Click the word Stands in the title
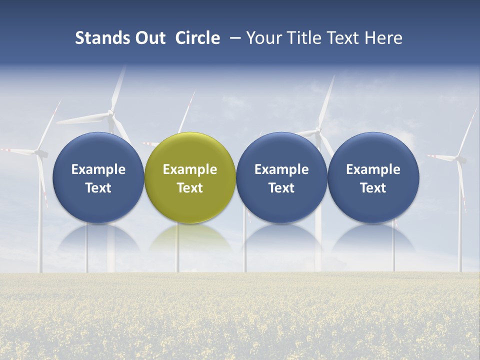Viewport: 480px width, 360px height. coord(99,38)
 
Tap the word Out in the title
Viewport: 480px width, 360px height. coord(149,38)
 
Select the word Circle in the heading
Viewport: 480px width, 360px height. coord(197,38)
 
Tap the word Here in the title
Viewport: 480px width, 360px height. coord(384,38)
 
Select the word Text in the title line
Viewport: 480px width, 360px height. coord(340,38)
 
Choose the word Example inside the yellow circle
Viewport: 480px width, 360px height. coord(190,169)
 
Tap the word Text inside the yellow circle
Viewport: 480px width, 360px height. coord(190,188)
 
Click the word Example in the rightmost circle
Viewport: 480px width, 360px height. coord(373,169)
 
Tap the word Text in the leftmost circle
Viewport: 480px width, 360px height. coord(98,188)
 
